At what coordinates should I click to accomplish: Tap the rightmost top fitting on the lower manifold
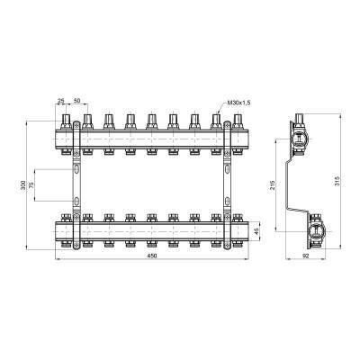(238, 217)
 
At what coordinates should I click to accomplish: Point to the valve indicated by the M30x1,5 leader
(216, 120)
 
